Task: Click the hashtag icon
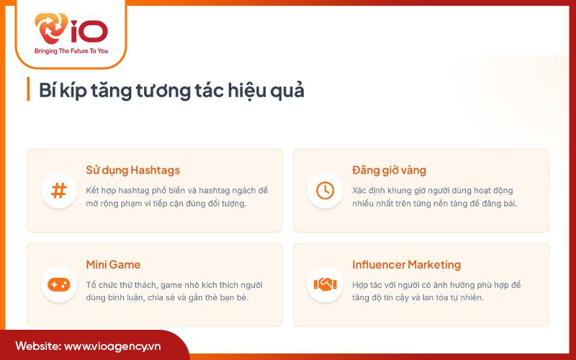pos(59,191)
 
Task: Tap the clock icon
pos(325,191)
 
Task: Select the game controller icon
pos(59,284)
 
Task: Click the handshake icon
pos(325,284)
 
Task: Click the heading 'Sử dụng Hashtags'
pos(132,171)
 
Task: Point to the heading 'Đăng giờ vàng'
pos(389,171)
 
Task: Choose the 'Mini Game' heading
pos(113,264)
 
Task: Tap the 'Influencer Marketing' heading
pos(406,264)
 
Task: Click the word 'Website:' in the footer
pos(37,346)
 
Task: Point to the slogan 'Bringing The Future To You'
pos(71,51)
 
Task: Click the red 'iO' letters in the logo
pos(89,30)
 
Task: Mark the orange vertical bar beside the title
pos(28,90)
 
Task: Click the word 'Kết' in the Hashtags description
pos(94,190)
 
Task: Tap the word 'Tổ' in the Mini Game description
pos(91,284)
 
